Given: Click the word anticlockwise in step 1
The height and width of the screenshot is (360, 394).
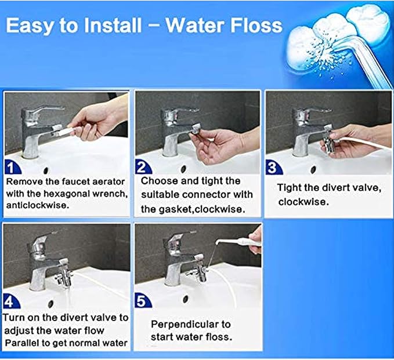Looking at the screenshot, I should [34, 205].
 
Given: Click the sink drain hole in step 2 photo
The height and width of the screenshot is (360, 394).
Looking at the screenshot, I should [183, 169].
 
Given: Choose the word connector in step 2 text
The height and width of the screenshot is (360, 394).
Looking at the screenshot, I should [218, 195].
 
